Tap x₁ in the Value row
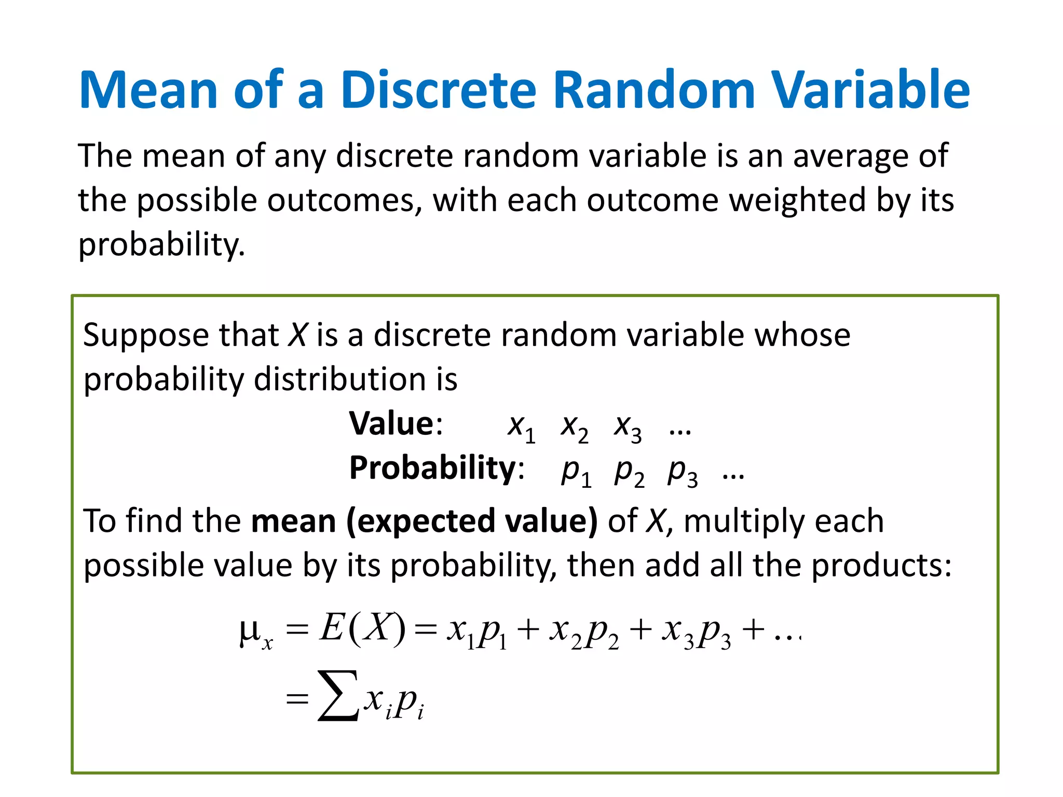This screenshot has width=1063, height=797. (x=521, y=428)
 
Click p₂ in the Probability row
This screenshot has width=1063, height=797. (x=629, y=472)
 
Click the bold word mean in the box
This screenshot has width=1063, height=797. (x=293, y=521)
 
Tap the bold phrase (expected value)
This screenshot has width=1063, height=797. (x=472, y=521)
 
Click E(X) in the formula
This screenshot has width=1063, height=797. (x=362, y=629)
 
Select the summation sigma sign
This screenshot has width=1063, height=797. (x=338, y=695)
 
